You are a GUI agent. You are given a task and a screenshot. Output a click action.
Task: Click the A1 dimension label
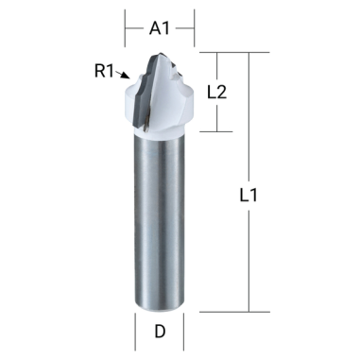pos(160,28)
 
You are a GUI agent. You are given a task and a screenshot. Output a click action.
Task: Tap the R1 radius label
pos(106,69)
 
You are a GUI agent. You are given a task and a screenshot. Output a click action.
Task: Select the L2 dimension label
pos(217,92)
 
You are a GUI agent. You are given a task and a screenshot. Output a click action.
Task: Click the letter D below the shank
pos(160,333)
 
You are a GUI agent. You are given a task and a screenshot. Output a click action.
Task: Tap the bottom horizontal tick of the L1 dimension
pos(236,310)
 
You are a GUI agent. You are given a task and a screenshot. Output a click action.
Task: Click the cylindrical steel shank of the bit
pos(160,227)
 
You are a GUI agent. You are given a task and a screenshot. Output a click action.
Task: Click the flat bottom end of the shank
pos(160,306)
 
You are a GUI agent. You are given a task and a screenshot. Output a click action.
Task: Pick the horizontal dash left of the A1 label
pos(134,28)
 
